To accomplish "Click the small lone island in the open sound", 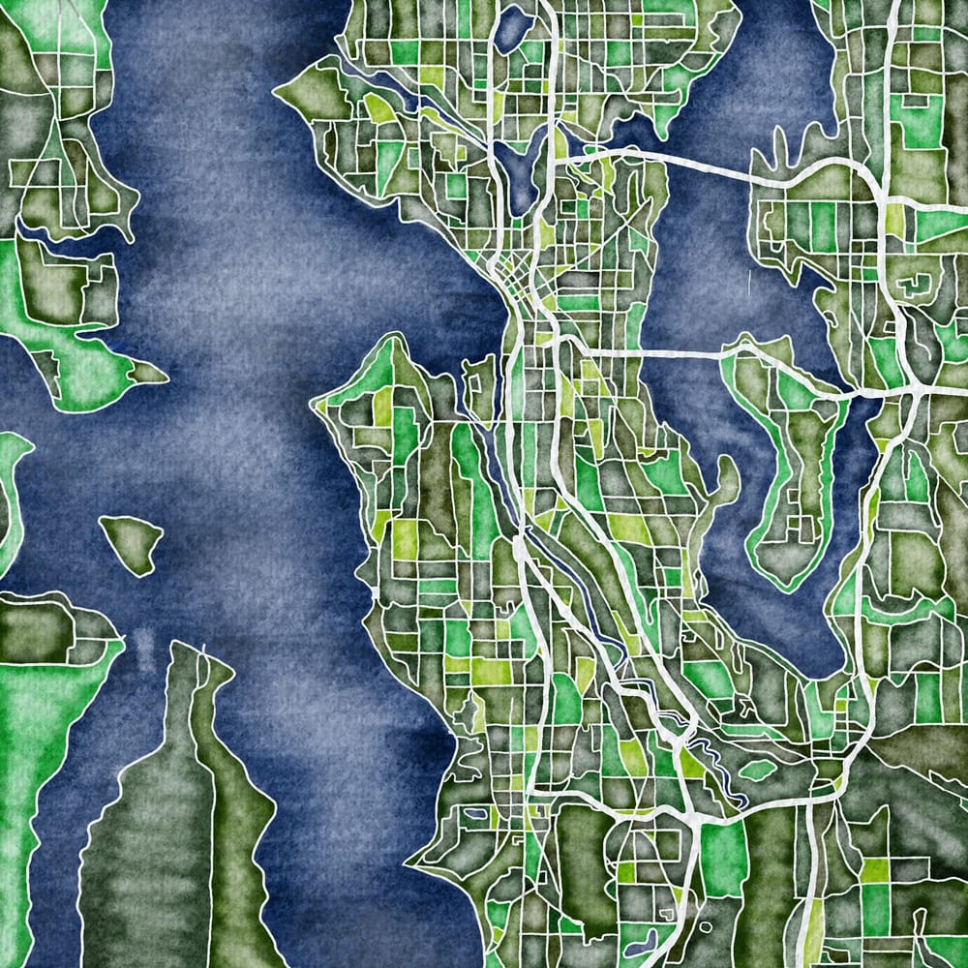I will pos(132,542).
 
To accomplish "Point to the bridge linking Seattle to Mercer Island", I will pos(658,350).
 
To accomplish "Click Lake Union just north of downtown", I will pos(518,174).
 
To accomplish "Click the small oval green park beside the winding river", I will pos(758,770).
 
